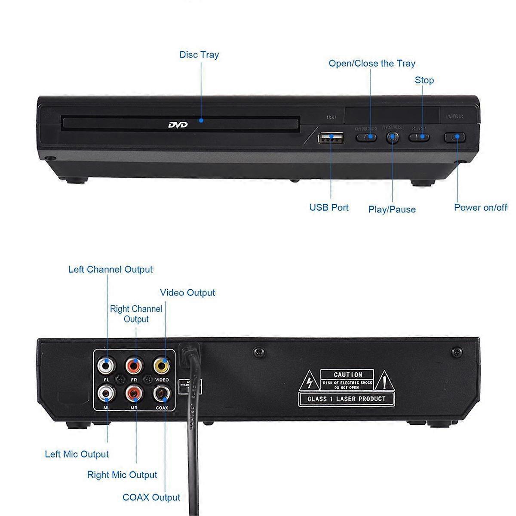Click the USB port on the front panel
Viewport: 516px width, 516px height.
(331, 138)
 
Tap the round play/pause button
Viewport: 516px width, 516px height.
(392, 138)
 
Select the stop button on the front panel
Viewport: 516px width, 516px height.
(419, 138)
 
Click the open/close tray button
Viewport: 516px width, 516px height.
(366, 138)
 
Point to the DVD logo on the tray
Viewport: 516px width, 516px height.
(178, 125)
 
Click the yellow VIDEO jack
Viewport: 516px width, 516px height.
(161, 366)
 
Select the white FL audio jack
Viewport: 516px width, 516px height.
(106, 366)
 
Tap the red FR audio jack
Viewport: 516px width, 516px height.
(134, 366)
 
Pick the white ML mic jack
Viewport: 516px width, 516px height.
(106, 392)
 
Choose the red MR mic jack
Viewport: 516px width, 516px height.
(134, 392)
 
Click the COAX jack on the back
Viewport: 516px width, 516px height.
(162, 392)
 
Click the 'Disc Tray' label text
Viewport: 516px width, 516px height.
(199, 55)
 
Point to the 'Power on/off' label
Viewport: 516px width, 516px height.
(481, 207)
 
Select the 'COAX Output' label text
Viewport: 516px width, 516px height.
(151, 497)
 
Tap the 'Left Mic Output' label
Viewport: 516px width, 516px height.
(77, 454)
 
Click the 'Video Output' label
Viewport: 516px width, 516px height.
(187, 293)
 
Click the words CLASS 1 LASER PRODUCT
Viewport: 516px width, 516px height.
(347, 399)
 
